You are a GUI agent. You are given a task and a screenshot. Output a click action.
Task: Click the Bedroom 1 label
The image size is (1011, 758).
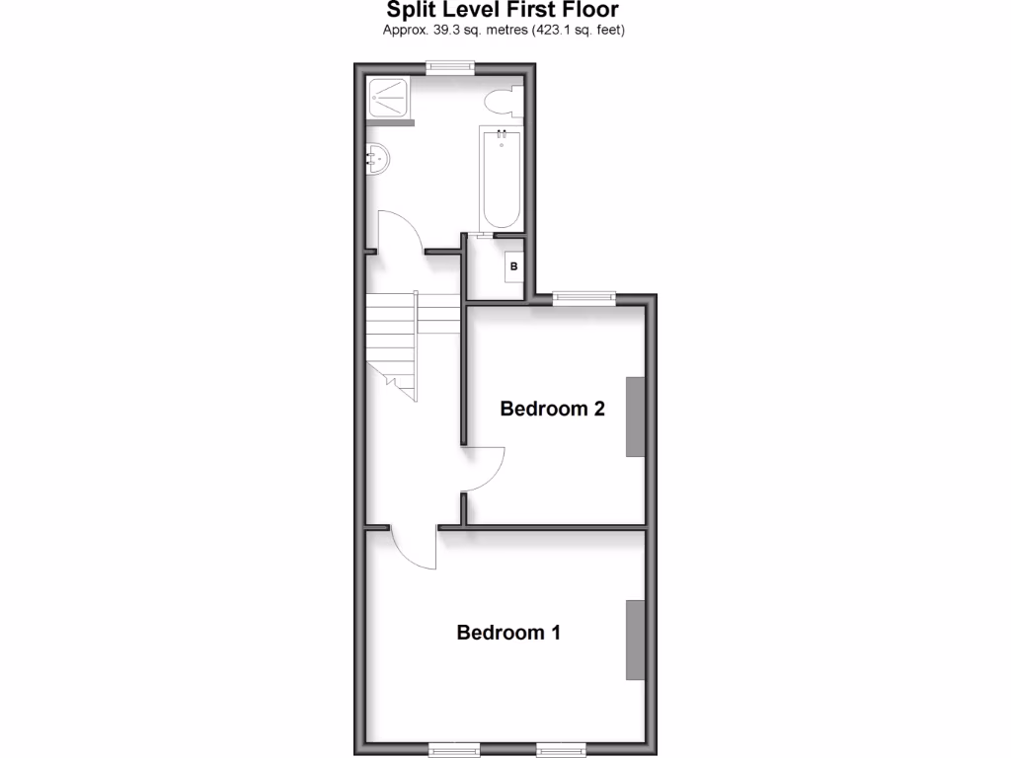coord(508,633)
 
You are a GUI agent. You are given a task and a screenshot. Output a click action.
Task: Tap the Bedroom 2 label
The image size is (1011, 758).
coord(552,409)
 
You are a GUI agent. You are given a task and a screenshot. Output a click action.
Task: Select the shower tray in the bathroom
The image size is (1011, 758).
coord(388,99)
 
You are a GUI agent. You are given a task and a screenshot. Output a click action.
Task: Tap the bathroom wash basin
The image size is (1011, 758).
coord(376,157)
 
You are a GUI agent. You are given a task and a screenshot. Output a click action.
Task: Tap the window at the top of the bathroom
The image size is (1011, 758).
coord(449,67)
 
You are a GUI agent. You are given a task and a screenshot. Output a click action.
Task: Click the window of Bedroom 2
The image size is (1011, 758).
coord(583,297)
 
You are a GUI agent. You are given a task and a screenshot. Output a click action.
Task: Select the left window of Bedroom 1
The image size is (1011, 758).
coord(454,749)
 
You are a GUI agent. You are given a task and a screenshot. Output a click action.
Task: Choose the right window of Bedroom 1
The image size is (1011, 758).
coord(560,749)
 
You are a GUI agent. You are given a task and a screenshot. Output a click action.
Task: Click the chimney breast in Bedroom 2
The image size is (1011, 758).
coord(635,417)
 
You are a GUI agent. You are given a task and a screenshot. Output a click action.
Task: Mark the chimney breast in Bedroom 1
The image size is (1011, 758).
coord(635,640)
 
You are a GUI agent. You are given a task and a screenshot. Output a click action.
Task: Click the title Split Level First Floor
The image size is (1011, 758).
coord(504,11)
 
